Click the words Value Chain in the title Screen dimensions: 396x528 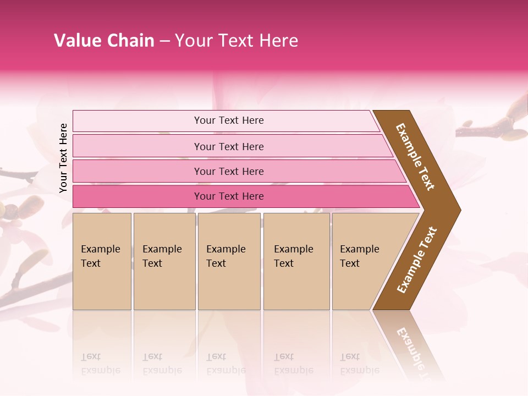coord(104,41)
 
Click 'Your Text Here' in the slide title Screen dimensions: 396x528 coord(237,41)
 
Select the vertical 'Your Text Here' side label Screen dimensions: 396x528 coord(64,158)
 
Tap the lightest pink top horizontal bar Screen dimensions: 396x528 coord(229,120)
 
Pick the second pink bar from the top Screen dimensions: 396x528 coord(229,146)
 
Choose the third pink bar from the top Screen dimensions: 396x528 coord(229,171)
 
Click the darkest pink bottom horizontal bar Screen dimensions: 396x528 coord(229,196)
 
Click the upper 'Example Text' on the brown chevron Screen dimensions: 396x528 coord(415,157)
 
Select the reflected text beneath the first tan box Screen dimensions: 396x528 coord(101,363)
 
